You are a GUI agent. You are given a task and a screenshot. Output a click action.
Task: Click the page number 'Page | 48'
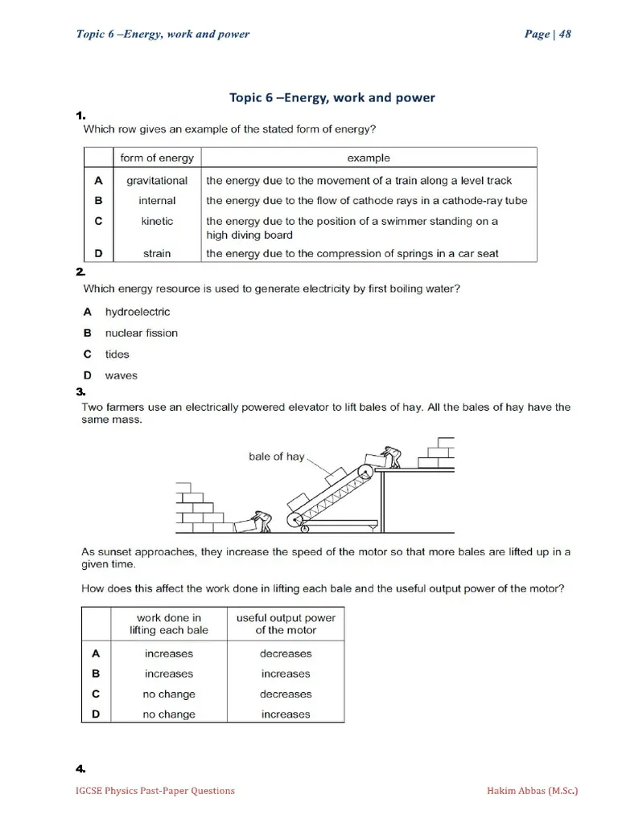(x=547, y=34)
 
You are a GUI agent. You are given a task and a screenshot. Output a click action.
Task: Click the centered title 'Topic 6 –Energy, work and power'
(x=332, y=97)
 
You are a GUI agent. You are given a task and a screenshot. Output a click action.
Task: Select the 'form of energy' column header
(x=157, y=158)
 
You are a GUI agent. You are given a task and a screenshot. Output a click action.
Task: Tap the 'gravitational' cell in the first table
(x=157, y=181)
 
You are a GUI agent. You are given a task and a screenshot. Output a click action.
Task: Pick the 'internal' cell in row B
(x=157, y=201)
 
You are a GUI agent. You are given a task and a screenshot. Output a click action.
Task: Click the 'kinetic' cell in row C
(x=157, y=221)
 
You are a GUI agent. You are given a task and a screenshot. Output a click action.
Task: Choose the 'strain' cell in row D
(x=157, y=253)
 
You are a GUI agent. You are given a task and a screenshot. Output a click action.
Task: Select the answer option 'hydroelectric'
(x=138, y=312)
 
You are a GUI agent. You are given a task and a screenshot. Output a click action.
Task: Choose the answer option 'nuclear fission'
(x=142, y=333)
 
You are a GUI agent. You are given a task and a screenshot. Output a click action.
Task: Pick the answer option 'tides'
(x=117, y=354)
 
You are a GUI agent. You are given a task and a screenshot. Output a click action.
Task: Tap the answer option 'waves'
(x=121, y=375)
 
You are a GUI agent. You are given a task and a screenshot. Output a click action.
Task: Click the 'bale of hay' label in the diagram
(x=276, y=457)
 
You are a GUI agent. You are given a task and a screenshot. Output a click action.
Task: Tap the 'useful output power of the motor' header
(x=286, y=624)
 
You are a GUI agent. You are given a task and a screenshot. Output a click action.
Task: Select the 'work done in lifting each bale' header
(x=169, y=624)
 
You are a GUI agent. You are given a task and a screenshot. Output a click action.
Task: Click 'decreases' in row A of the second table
(x=286, y=653)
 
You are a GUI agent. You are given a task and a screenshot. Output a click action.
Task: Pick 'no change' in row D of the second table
(x=169, y=714)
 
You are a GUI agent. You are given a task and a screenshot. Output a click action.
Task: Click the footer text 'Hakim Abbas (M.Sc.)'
(x=532, y=791)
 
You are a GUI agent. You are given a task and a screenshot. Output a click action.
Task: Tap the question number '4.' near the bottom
(x=80, y=770)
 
